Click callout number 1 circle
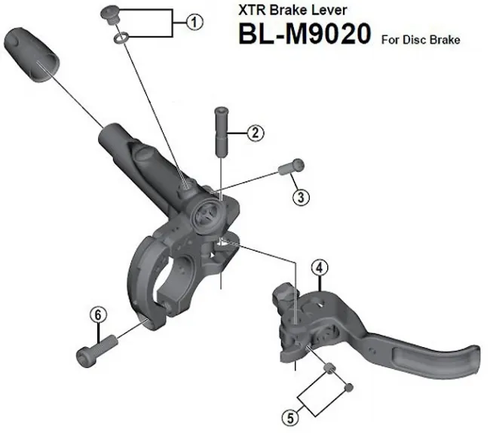[195, 23]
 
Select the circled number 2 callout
[256, 134]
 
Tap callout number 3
[301, 198]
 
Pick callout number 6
[96, 315]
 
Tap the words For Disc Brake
[421, 39]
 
